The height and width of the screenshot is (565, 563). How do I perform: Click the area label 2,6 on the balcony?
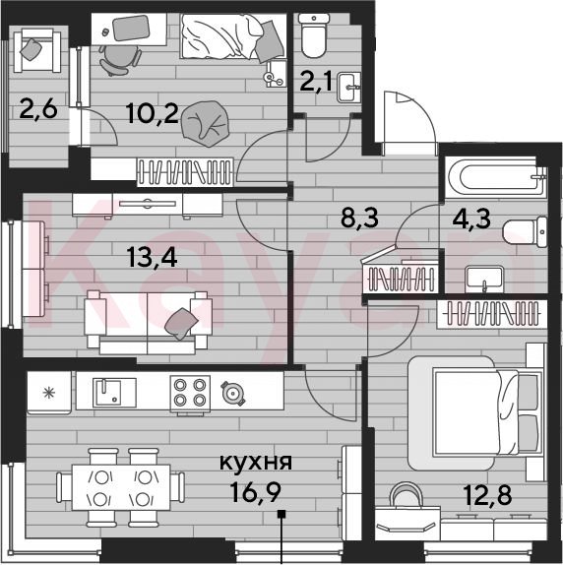pyautogui.click(x=38, y=109)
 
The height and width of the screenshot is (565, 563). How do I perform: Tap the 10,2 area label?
pyautogui.click(x=153, y=113)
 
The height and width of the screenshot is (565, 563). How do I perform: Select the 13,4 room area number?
pyautogui.click(x=152, y=258)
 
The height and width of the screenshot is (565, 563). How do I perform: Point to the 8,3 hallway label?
pyautogui.click(x=359, y=218)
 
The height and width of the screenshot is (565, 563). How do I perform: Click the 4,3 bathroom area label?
pyautogui.click(x=471, y=220)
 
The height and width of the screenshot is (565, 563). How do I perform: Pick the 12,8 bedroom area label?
pyautogui.click(x=488, y=495)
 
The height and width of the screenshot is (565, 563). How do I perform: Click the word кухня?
pyautogui.click(x=256, y=462)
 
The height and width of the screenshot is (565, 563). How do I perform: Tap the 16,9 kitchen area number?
pyautogui.click(x=256, y=492)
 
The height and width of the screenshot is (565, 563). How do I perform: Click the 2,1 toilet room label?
pyautogui.click(x=316, y=82)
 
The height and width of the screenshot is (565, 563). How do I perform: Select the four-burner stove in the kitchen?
pyautogui.click(x=190, y=394)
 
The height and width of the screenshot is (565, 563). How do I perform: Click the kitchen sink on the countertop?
pyautogui.click(x=114, y=393)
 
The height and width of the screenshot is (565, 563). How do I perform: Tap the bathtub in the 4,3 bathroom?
pyautogui.click(x=497, y=177)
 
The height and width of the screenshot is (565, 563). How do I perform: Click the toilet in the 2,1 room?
pyautogui.click(x=314, y=35)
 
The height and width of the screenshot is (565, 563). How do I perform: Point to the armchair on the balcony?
pyautogui.click(x=37, y=51)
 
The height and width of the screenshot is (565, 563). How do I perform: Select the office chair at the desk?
pyautogui.click(x=120, y=61)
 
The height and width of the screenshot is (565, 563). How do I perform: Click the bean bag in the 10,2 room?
pyautogui.click(x=205, y=123)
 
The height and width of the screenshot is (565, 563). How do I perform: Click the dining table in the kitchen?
pyautogui.click(x=121, y=487)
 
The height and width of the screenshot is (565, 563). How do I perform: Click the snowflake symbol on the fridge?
pyautogui.click(x=49, y=393)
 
